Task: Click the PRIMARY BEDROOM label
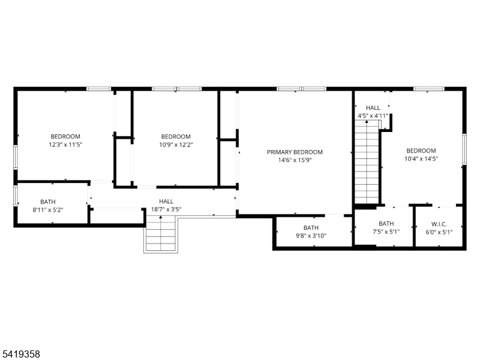coord(295,152)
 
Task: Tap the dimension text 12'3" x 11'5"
coord(65,145)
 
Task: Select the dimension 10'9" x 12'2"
coord(176,145)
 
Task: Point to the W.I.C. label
coord(439,224)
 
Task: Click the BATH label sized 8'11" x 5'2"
coord(48,202)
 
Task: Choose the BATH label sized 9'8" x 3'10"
coord(311,228)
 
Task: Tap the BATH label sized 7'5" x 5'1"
coord(386,224)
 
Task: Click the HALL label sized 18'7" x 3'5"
coord(166,202)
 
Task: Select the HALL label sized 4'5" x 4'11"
coord(373,108)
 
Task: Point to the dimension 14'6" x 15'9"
coord(295,160)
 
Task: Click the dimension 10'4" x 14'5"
coord(421,158)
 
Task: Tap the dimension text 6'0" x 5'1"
coord(439,232)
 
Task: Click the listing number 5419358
coord(20,354)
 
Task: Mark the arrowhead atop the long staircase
coord(367,122)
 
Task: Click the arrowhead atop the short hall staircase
coord(161,217)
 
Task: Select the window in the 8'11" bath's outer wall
coord(16,196)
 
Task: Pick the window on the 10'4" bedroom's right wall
coord(464,149)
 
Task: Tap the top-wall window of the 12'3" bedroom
coord(98,89)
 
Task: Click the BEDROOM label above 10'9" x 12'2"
coord(176,137)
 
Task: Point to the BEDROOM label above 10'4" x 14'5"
coord(421,151)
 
